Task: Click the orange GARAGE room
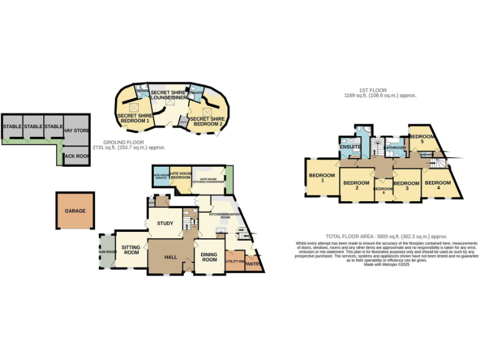pos(75,211)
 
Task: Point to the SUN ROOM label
pos(106,252)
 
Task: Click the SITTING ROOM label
pos(131,251)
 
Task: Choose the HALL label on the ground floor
pos(170,256)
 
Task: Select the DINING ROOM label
pos(209,257)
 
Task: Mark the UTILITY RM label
pos(234,261)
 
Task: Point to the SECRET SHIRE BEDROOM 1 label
pos(133,118)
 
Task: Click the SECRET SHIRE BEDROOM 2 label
pos(207,121)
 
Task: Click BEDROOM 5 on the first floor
pos(421,139)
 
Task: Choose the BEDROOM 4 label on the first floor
pos(437,185)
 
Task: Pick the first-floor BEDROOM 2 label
pos(356,185)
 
